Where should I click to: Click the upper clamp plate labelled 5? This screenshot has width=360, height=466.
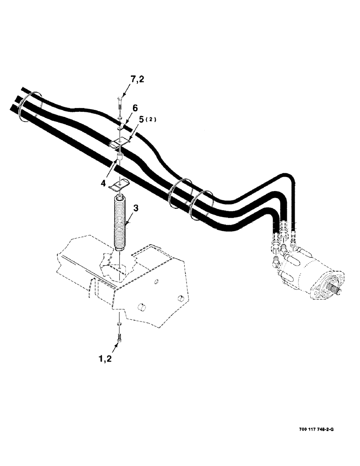[x=120, y=142]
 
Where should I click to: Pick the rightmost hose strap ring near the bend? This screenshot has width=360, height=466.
[x=201, y=204]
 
